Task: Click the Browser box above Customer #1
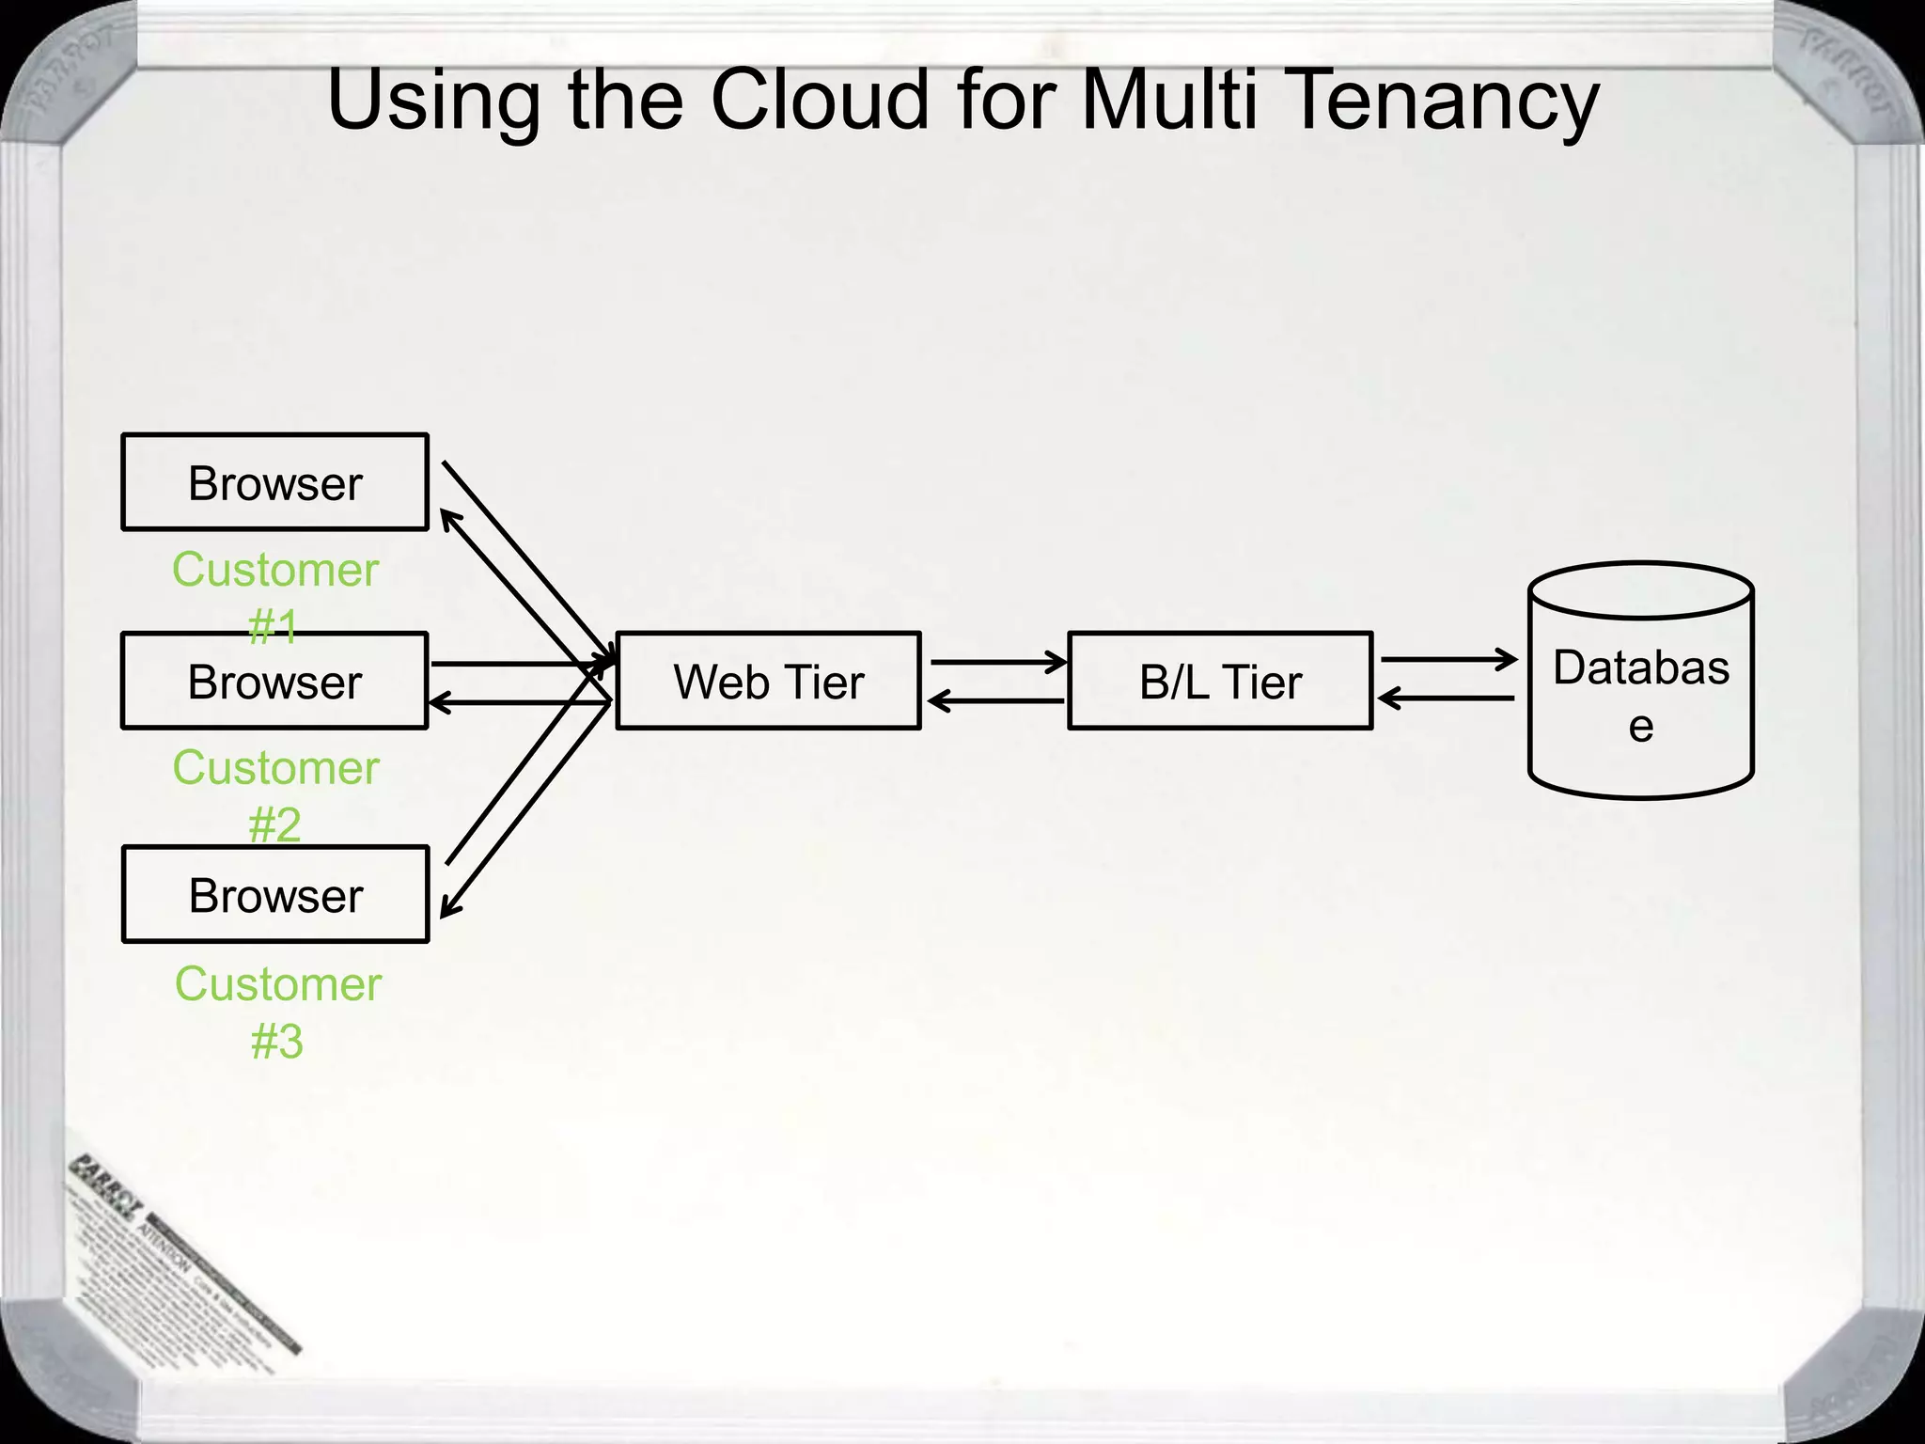tap(274, 482)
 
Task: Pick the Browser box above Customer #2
tap(274, 681)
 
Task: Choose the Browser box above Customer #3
tap(275, 894)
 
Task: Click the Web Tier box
tap(768, 681)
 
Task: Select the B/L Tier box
tap(1220, 681)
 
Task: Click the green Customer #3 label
tap(278, 1012)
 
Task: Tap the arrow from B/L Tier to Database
tap(1448, 660)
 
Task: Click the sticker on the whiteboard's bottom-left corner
tap(179, 1250)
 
